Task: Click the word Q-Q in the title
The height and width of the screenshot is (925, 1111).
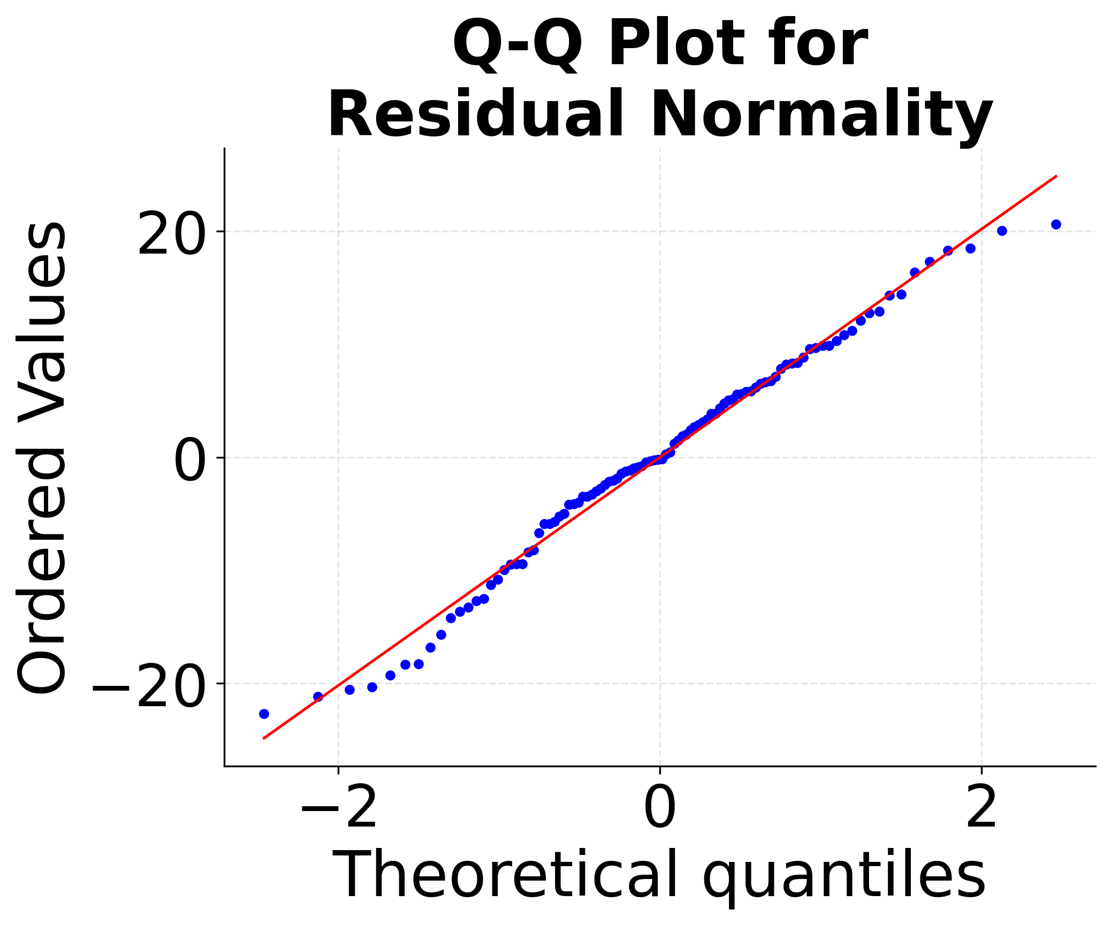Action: point(517,45)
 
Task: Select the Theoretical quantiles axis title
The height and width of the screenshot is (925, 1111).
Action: point(659,876)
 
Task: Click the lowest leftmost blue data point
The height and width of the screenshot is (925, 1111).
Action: point(264,714)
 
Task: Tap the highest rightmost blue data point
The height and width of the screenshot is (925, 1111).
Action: point(1056,224)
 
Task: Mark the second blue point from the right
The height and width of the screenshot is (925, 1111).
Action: point(1002,231)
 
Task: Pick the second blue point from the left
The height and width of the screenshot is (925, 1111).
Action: point(318,697)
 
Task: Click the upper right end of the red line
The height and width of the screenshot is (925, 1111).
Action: point(1056,176)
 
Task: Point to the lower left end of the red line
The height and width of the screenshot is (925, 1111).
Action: point(264,738)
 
